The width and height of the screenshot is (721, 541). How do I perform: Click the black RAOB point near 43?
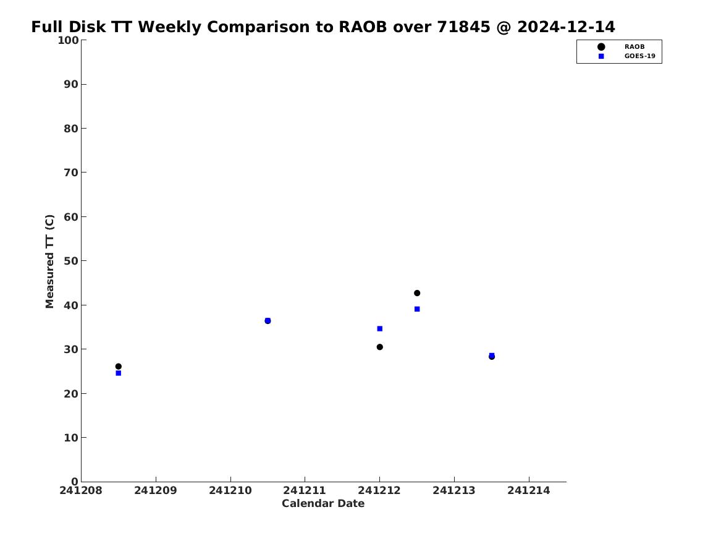tap(417, 293)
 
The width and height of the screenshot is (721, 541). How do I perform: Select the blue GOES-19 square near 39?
tap(417, 309)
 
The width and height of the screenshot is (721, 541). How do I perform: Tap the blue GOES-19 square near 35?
tap(380, 328)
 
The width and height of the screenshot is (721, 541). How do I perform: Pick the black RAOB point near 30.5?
tap(380, 347)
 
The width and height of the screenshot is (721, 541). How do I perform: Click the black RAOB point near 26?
tap(119, 367)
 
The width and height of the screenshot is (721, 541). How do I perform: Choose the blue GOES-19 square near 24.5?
tap(119, 373)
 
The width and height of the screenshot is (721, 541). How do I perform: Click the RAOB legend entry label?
tap(635, 47)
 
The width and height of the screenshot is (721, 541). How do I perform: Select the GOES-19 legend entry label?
tap(639, 56)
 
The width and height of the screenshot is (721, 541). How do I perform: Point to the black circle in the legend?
tap(601, 47)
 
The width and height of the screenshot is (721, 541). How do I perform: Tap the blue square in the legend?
tap(601, 56)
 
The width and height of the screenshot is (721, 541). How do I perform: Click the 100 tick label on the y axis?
tap(68, 40)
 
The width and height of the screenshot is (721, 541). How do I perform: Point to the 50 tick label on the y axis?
tap(71, 261)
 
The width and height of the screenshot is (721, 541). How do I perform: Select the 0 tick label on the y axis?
tap(75, 482)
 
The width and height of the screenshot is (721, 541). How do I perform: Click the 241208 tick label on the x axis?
tap(81, 491)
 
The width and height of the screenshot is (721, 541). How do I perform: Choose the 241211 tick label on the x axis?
tap(305, 491)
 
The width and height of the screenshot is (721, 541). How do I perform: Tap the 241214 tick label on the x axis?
tap(529, 491)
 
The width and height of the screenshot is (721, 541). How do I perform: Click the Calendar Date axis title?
tap(323, 504)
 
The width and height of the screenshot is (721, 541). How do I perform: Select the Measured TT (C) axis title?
tap(49, 262)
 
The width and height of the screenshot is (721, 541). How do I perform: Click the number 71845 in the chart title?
tap(464, 27)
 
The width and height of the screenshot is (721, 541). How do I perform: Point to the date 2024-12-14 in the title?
tap(566, 27)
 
